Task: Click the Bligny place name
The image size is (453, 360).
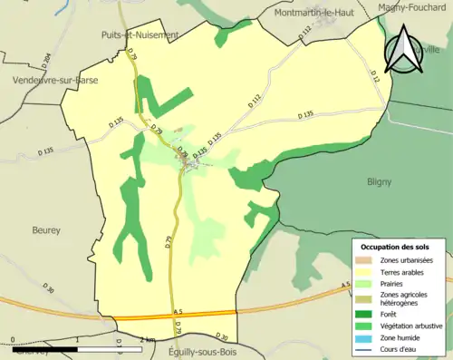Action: pos(379,181)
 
